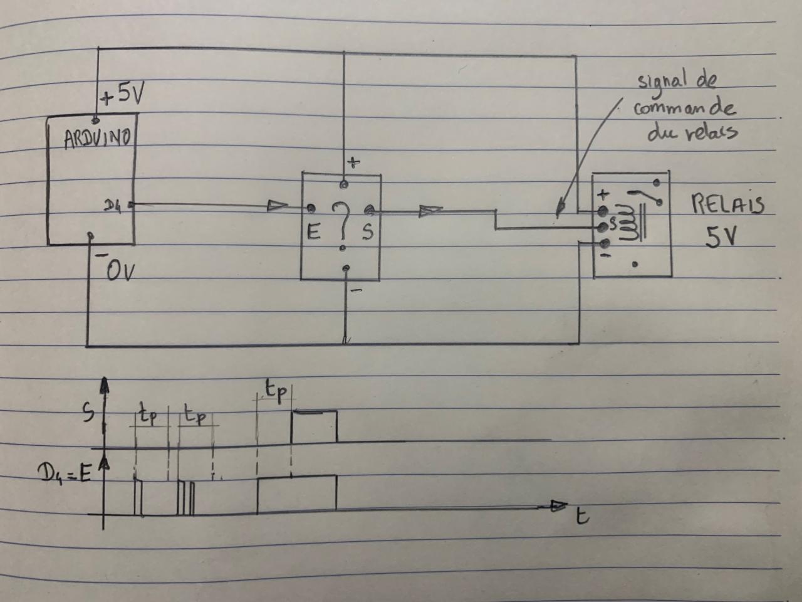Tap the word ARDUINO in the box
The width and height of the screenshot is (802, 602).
pos(97,138)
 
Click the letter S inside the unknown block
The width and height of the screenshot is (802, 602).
pos(368,233)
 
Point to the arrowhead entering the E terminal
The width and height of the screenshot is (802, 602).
pos(278,205)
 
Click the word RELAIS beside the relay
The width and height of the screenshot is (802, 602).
pos(727,204)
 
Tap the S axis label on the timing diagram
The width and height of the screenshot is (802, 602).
pos(89,413)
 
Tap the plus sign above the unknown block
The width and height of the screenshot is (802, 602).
pos(354,162)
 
